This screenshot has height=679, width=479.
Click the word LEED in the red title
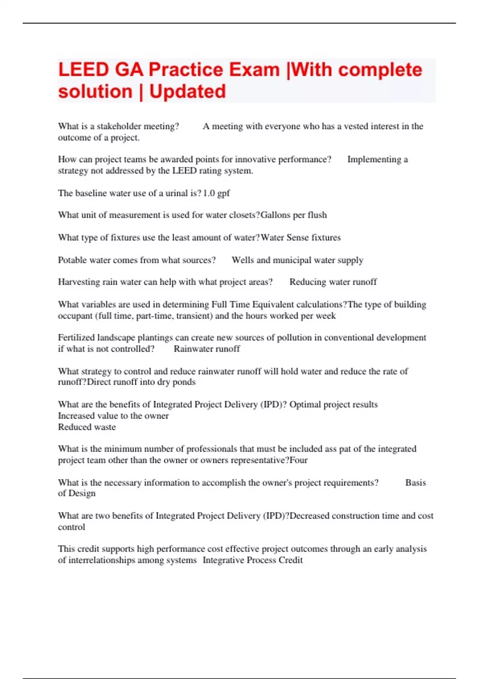83,70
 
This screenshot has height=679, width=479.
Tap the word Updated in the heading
187,92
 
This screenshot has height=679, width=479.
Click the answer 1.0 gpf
216,193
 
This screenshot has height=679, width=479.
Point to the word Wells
243,260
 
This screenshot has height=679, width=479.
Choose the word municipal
292,260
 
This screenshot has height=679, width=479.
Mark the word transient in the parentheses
194,316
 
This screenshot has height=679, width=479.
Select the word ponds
184,382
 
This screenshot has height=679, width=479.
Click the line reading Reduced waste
87,427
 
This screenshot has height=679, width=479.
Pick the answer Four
299,460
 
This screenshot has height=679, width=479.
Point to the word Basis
416,482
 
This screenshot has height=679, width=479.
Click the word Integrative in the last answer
224,560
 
